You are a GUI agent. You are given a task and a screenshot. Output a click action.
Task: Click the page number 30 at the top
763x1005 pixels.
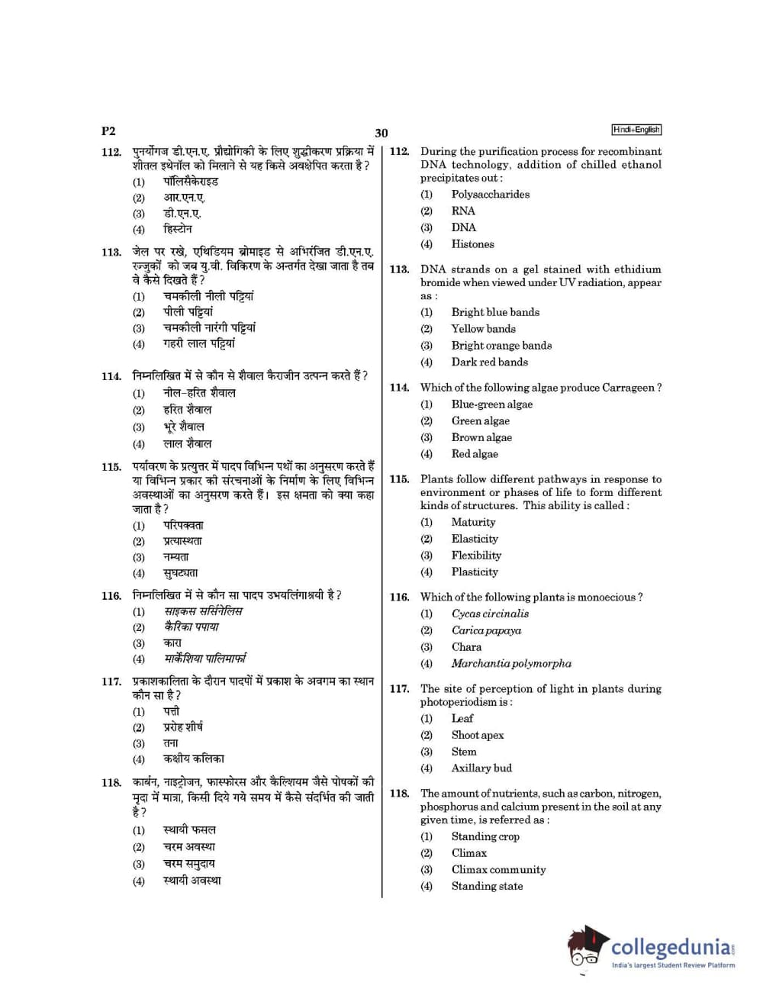(381, 133)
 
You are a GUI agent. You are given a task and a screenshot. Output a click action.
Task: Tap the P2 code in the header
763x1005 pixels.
(108, 131)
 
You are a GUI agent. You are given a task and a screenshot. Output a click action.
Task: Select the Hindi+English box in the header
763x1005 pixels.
(636, 130)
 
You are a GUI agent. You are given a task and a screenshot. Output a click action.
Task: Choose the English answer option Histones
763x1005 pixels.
(472, 244)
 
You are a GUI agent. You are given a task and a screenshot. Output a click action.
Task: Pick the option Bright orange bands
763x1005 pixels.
(501, 346)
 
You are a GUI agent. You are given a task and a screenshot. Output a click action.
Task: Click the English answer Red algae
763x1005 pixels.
(474, 454)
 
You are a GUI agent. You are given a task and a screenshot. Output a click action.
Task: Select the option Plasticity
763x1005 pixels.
(474, 572)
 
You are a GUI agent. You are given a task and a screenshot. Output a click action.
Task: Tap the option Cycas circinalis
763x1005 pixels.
(490, 614)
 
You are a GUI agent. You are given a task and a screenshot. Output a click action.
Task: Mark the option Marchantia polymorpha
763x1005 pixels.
(510, 664)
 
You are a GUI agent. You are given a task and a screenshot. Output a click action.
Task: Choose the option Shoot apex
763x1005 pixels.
(477, 735)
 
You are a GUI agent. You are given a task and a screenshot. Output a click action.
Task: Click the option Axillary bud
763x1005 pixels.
(481, 768)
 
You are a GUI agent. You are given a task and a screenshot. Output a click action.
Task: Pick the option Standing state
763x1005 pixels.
(487, 886)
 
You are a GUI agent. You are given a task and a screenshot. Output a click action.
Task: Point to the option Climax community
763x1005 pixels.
(498, 869)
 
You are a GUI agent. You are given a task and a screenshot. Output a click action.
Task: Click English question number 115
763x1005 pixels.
(399, 479)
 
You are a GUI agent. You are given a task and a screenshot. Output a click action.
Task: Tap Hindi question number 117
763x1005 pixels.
(111, 681)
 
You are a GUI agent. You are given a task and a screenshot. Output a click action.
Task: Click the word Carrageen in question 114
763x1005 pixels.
(628, 388)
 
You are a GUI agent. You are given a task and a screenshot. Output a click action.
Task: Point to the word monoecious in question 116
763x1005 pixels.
(606, 598)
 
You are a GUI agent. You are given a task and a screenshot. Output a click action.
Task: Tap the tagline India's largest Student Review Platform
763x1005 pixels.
(673, 965)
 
